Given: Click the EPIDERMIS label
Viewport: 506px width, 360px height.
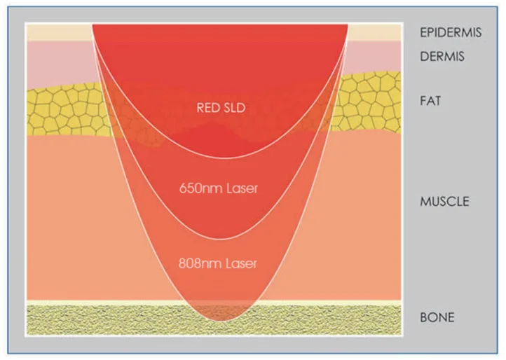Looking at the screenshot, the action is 451,32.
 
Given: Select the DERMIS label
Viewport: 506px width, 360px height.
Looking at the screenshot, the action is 442,57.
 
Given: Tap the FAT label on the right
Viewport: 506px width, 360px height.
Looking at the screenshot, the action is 430,101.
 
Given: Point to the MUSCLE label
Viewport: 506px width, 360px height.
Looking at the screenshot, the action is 444,201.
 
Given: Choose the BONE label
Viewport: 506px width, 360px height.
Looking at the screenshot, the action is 437,317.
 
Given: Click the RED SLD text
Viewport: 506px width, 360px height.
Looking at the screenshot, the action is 221,108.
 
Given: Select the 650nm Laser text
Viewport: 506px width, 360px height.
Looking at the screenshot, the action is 219,188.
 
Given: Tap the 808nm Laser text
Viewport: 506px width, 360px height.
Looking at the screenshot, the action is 218,263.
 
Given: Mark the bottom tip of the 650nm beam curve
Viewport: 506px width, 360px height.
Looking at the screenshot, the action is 220,239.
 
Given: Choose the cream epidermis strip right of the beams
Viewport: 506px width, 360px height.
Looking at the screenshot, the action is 374,33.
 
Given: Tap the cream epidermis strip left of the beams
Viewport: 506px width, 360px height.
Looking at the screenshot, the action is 60,33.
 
